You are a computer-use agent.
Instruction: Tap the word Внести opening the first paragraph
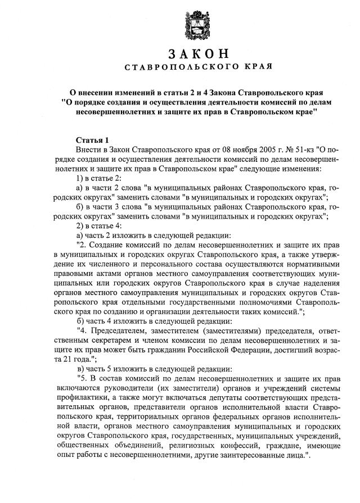(88, 149)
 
